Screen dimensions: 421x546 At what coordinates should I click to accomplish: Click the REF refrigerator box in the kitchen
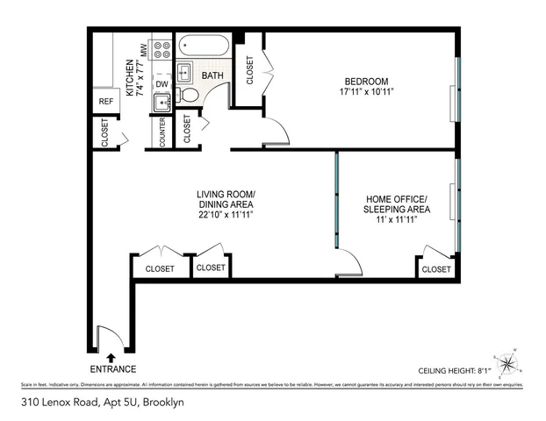click(x=106, y=102)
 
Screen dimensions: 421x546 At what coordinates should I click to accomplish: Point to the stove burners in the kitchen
click(x=162, y=49)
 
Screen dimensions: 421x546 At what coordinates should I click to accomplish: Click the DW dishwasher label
click(x=162, y=84)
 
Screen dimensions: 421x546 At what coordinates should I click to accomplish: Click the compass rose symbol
click(x=507, y=364)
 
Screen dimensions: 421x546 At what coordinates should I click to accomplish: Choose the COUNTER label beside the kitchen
click(x=162, y=132)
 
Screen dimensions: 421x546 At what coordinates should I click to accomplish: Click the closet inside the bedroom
click(x=250, y=70)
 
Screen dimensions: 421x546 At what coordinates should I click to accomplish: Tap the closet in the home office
click(x=435, y=269)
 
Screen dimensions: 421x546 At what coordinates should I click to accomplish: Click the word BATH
click(x=212, y=76)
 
